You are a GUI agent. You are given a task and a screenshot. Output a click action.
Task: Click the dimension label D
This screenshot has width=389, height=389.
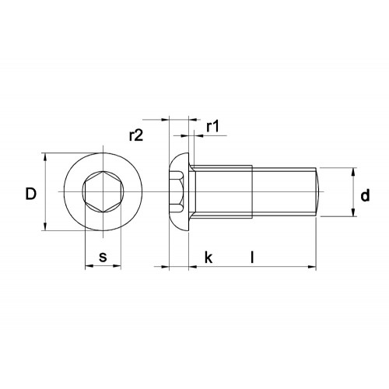(31, 194)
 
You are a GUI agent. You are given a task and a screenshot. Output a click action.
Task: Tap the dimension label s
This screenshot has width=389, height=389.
(103, 257)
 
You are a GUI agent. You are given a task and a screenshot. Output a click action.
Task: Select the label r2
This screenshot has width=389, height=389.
(136, 135)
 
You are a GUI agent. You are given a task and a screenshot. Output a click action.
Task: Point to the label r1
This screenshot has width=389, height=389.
(212, 126)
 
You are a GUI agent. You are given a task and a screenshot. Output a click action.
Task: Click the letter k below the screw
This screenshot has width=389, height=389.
(209, 258)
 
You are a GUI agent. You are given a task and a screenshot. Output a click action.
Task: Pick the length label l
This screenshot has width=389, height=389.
(252, 257)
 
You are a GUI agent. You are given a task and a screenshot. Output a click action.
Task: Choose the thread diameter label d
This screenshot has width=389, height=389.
(365, 195)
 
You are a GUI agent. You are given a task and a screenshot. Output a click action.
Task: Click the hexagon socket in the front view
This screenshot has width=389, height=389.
(103, 192)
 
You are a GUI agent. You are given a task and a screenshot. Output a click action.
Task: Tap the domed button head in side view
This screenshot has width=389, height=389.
(179, 192)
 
